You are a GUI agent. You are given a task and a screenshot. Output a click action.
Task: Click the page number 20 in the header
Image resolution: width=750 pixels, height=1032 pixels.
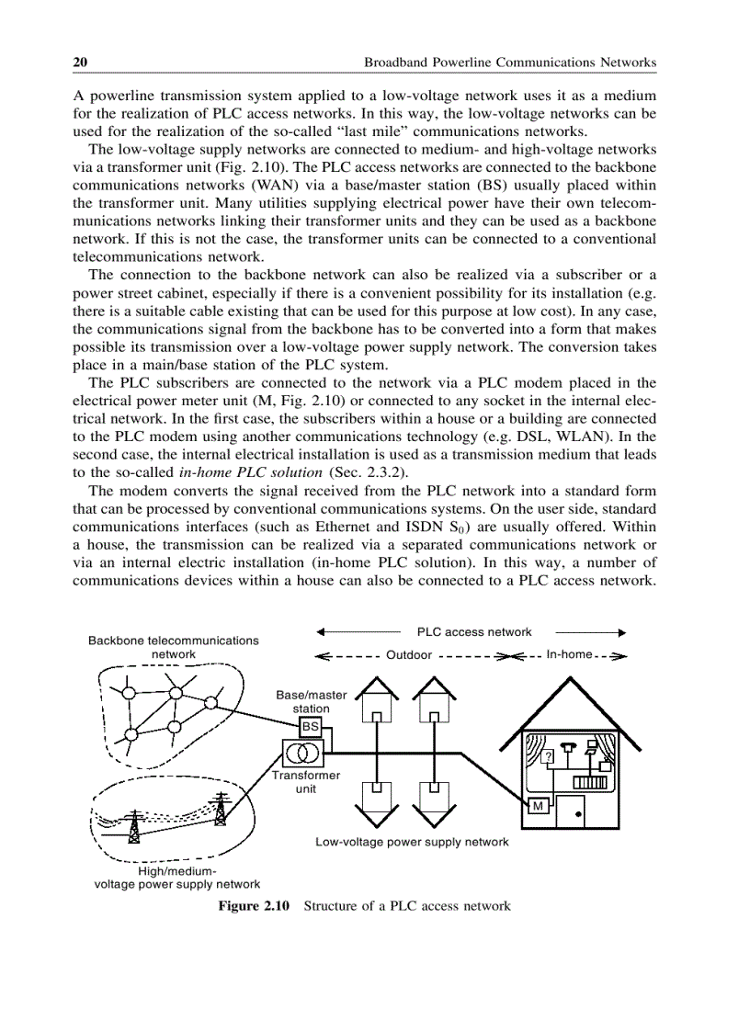click(80, 62)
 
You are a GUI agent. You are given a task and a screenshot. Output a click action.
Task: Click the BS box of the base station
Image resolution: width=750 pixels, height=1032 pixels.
click(312, 726)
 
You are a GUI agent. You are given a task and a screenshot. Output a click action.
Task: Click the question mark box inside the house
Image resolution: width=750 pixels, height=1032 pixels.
click(548, 756)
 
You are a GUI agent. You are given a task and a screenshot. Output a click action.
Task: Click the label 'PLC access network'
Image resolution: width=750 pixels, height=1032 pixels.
click(474, 632)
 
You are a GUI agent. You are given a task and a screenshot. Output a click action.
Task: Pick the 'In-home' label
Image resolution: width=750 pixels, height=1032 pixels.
click(569, 655)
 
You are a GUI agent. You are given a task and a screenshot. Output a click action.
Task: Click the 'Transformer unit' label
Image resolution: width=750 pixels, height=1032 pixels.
click(306, 782)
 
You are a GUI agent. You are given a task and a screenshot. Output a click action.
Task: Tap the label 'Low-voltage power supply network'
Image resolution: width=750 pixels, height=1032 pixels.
click(412, 842)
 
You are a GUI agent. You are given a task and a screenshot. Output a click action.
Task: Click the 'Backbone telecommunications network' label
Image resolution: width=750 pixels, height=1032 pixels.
click(173, 647)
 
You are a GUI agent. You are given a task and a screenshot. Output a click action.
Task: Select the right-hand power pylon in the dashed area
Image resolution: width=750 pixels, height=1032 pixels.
click(221, 810)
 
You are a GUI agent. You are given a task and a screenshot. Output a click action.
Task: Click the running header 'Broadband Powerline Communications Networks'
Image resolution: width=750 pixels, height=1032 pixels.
click(510, 62)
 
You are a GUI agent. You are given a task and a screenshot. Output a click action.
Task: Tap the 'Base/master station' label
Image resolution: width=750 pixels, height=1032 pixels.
click(311, 702)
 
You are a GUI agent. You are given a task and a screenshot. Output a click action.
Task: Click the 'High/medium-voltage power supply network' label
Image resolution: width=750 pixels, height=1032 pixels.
click(177, 878)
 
